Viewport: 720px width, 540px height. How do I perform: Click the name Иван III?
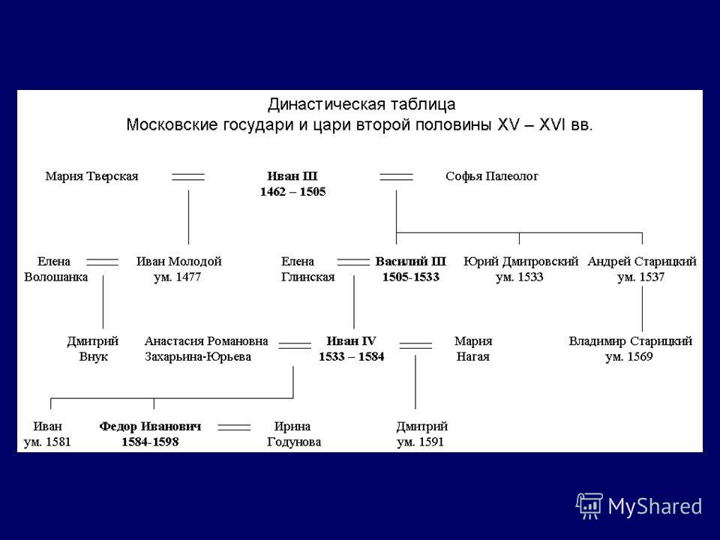tap(292, 176)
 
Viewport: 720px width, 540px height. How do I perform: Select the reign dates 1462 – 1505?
tap(293, 192)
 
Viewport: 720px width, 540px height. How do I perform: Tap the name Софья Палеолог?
tap(492, 177)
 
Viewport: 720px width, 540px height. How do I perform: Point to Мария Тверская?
tap(91, 176)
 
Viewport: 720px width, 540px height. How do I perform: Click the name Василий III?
tap(410, 261)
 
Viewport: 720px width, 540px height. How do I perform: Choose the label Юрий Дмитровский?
tap(520, 262)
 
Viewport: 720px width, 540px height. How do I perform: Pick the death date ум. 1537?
tap(641, 277)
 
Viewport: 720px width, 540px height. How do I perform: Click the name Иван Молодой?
tap(179, 261)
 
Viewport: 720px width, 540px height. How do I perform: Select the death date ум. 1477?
tap(177, 277)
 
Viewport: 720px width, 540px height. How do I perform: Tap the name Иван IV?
tap(351, 341)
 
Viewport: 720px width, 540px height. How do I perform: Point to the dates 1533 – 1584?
tap(352, 357)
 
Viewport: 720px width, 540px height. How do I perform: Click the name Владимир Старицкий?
tap(631, 341)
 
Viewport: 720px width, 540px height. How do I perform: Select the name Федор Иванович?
tap(150, 427)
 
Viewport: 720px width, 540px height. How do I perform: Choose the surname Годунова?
tap(294, 442)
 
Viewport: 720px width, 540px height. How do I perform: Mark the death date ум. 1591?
tap(420, 442)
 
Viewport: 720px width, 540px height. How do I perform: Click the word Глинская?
tap(307, 277)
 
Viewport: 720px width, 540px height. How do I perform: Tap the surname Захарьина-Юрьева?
tap(198, 357)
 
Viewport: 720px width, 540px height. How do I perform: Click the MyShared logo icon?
tap(589, 506)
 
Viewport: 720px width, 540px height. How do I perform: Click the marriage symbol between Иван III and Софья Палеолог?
tap(396, 177)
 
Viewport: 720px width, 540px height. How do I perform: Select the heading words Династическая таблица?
tap(361, 105)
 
